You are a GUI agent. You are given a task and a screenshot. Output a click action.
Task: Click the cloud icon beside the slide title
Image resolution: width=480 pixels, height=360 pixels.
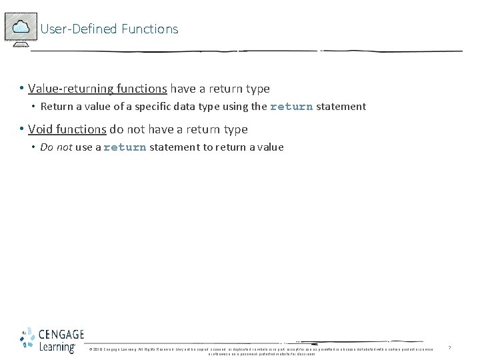[21, 28]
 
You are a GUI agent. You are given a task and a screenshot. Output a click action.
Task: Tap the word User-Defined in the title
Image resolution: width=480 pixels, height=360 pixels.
[79, 29]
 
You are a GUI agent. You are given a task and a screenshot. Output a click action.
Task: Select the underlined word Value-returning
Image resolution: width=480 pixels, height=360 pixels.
[71, 89]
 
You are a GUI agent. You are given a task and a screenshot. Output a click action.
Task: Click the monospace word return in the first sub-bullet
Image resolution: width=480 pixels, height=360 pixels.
[291, 107]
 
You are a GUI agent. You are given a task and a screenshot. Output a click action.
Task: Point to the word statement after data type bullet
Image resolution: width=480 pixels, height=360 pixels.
[341, 107]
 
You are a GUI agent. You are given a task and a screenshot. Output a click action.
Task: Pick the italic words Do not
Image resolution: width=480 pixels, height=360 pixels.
[56, 147]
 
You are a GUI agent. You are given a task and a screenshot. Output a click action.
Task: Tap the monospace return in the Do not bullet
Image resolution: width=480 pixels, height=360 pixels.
[125, 147]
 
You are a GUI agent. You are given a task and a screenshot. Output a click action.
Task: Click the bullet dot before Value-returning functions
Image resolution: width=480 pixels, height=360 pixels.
[22, 89]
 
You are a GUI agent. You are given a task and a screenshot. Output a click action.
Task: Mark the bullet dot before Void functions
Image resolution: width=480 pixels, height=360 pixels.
[22, 129]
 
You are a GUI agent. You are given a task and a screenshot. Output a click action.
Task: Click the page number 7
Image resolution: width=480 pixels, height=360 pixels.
[449, 348]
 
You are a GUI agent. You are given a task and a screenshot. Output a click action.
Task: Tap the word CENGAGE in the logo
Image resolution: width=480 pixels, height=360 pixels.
[61, 335]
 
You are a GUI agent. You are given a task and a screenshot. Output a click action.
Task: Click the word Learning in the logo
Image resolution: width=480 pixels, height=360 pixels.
[57, 347]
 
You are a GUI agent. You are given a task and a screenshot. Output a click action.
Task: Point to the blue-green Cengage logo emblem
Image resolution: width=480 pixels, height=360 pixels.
[27, 339]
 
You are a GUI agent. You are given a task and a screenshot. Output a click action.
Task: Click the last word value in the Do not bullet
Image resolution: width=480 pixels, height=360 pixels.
[270, 147]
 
